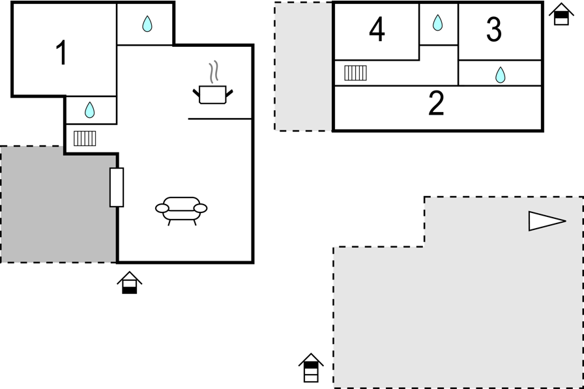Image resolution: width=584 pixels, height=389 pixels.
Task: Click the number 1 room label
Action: pyautogui.click(x=61, y=53)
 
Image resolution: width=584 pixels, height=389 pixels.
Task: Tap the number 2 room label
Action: pyautogui.click(x=436, y=104)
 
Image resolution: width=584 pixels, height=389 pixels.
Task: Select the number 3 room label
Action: pyautogui.click(x=494, y=29)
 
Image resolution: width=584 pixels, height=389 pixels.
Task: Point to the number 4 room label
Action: pyautogui.click(x=377, y=30)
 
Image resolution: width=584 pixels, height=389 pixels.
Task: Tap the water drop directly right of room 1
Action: pyautogui.click(x=147, y=25)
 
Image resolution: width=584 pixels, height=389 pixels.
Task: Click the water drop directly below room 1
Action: pyautogui.click(x=90, y=110)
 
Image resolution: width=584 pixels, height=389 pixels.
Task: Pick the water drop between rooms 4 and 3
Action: pyautogui.click(x=437, y=23)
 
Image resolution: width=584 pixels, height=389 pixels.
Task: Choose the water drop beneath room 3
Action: pyautogui.click(x=500, y=75)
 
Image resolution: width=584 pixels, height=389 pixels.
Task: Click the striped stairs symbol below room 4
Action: pyautogui.click(x=355, y=72)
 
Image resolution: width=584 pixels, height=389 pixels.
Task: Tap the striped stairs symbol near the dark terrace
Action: pyautogui.click(x=85, y=138)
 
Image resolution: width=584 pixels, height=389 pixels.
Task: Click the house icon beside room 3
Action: pyautogui.click(x=561, y=14)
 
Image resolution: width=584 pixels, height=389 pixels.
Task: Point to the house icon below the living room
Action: pyautogui.click(x=130, y=282)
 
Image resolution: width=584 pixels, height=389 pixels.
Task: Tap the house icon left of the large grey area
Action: pyautogui.click(x=311, y=367)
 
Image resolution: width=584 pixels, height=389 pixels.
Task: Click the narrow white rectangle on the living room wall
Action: pyautogui.click(x=117, y=187)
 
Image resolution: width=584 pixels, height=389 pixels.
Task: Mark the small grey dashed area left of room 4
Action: pyautogui.click(x=303, y=66)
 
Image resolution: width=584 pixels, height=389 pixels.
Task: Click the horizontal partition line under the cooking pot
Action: pyautogui.click(x=220, y=119)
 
